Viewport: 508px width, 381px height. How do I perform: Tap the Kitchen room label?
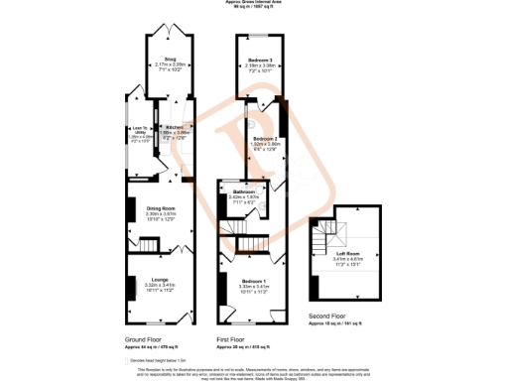click(x=175, y=128)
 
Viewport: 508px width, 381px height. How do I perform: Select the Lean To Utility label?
click(x=138, y=130)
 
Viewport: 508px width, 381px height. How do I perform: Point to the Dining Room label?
click(x=160, y=206)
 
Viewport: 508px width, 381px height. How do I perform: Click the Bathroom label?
click(x=243, y=191)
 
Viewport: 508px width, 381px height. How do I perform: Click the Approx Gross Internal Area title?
click(x=254, y=3)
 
